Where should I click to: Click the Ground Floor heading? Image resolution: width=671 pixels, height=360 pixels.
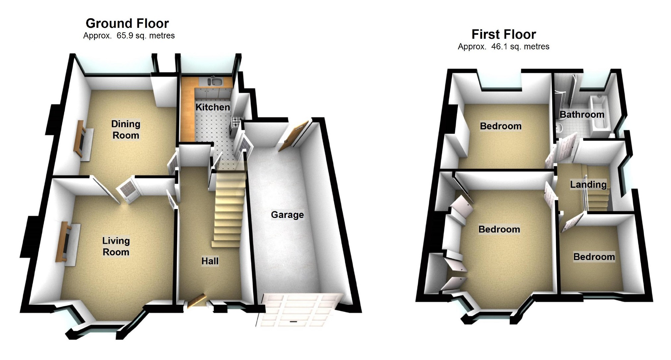point(127,24)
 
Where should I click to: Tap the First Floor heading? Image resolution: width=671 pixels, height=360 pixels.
point(503,34)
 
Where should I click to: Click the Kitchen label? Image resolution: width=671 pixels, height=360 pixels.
point(212,107)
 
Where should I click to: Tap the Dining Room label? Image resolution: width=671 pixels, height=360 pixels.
point(126,129)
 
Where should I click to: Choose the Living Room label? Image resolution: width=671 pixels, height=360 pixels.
point(116,246)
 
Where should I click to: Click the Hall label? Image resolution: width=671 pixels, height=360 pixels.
point(210,261)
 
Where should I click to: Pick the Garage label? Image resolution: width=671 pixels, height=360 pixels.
point(287,215)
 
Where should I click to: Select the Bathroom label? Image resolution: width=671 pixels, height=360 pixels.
point(582,115)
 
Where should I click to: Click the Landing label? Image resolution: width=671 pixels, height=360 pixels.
point(588,184)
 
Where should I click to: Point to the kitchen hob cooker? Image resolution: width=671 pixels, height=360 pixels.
point(237,122)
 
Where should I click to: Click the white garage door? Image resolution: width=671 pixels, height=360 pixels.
point(297,310)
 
